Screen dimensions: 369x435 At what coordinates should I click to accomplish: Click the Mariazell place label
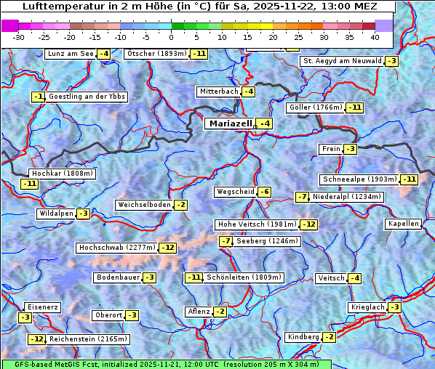[x=230, y=123]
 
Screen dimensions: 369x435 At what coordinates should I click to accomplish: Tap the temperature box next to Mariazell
[x=266, y=124]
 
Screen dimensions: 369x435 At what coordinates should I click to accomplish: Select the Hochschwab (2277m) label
[x=116, y=248]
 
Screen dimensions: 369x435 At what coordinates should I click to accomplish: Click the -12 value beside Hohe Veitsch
[x=310, y=224]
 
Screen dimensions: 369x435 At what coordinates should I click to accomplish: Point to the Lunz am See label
[x=70, y=54]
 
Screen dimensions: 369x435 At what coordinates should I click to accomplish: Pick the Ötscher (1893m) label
[x=156, y=54]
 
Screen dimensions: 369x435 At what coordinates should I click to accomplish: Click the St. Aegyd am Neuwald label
[x=341, y=61]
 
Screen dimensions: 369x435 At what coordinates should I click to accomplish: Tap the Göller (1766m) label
[x=315, y=108]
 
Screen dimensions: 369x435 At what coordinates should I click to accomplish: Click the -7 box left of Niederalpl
[x=303, y=197]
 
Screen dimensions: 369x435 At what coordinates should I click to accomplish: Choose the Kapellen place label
[x=404, y=224]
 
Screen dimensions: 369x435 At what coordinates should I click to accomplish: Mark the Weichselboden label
[x=144, y=205]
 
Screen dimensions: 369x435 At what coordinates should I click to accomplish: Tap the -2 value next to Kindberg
[x=329, y=337]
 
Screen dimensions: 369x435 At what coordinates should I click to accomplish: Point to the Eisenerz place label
[x=41, y=307]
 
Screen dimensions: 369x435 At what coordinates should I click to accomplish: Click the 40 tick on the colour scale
[x=375, y=36]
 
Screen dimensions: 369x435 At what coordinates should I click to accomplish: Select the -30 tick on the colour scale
[x=19, y=36]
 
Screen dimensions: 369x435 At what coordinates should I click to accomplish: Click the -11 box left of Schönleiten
[x=193, y=277]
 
